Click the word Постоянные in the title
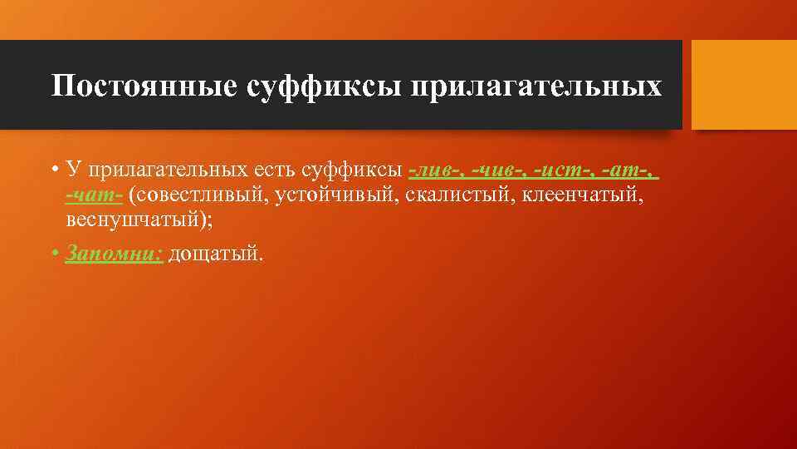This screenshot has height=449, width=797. (x=144, y=86)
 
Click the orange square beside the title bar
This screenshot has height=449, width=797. (x=744, y=85)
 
